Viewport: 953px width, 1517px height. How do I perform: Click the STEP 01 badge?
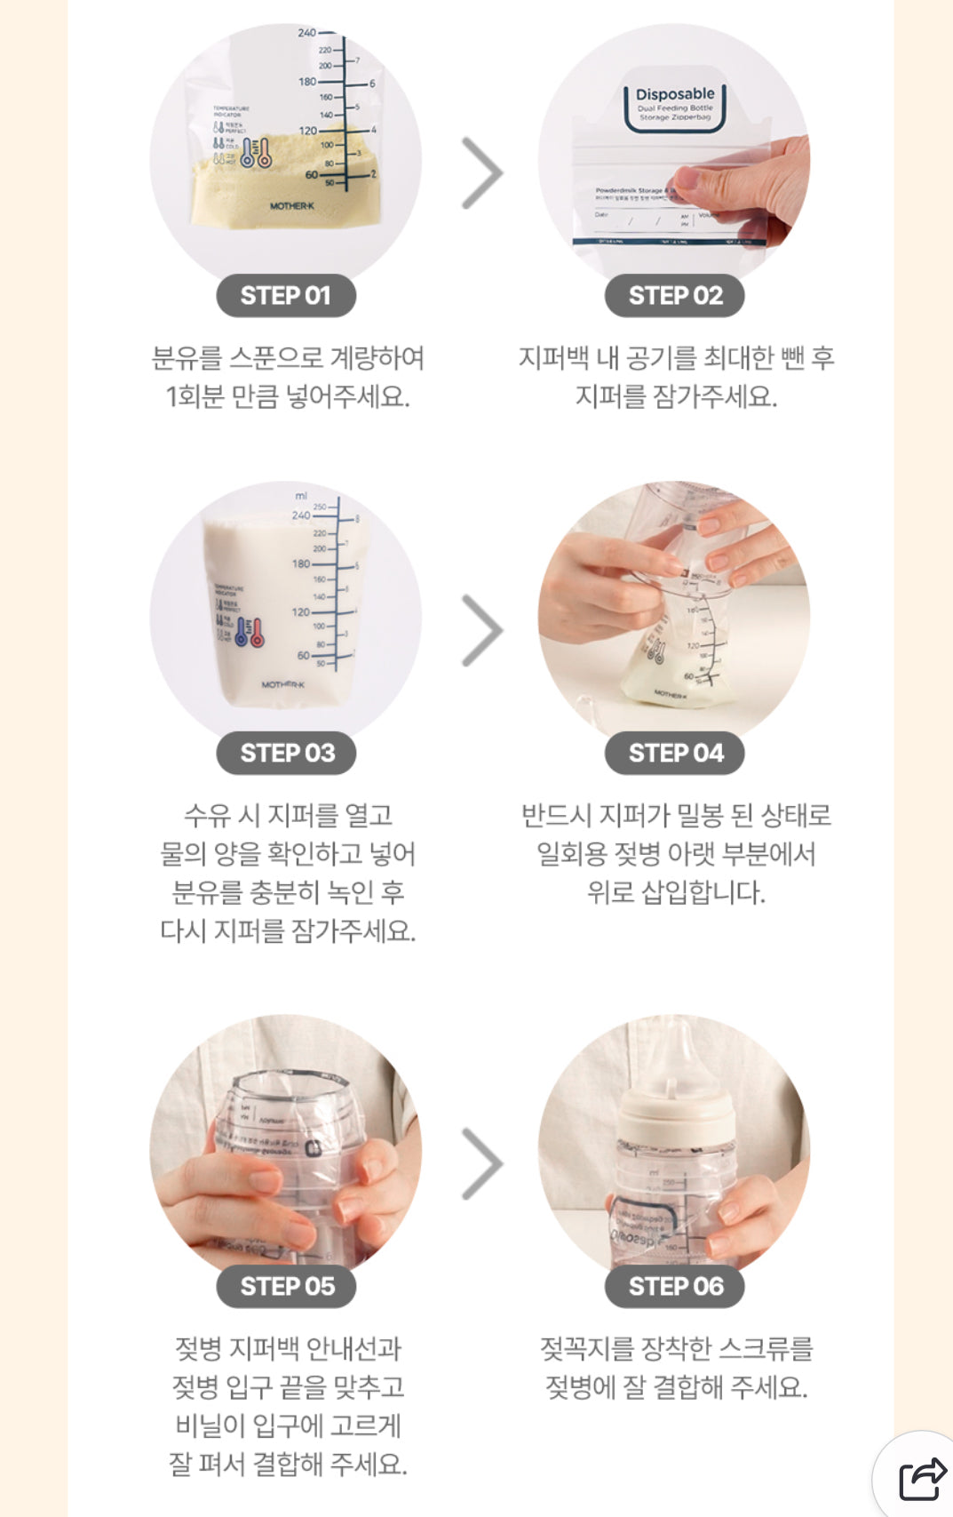click(285, 296)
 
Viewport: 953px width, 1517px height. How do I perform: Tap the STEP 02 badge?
click(675, 296)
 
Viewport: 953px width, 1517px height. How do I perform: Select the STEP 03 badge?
click(286, 753)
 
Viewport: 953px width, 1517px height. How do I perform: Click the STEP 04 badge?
click(675, 753)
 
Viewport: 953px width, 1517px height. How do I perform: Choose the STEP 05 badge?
click(286, 1286)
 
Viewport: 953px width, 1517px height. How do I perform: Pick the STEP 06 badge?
click(675, 1286)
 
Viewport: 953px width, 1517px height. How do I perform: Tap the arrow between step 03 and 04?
click(482, 630)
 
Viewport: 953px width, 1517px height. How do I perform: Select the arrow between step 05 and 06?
click(482, 1163)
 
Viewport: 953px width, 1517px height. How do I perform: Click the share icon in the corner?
click(922, 1479)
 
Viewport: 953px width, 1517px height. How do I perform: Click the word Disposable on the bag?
click(675, 94)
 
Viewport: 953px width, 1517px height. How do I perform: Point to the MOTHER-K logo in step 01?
click(292, 206)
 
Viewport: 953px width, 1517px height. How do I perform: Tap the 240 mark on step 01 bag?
click(306, 33)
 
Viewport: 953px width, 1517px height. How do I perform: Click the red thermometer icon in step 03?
click(257, 633)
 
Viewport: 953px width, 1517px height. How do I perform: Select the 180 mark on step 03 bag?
click(301, 563)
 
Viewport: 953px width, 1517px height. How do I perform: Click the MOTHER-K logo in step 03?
click(282, 684)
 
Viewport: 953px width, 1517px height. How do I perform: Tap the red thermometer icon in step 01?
click(264, 154)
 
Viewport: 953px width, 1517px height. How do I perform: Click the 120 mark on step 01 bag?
click(307, 131)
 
